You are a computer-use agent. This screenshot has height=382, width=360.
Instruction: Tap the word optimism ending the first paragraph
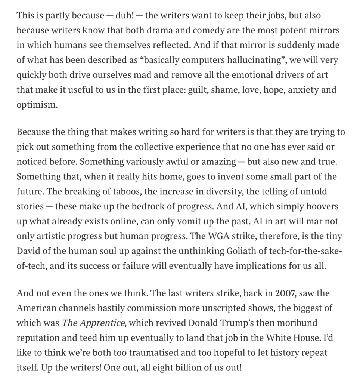click(x=37, y=104)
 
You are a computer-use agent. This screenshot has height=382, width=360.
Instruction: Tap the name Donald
click(x=205, y=323)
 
